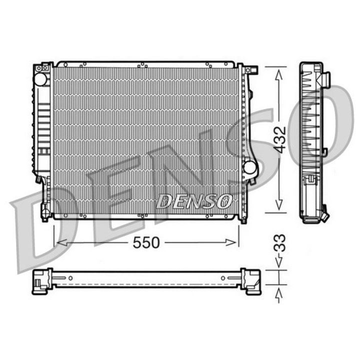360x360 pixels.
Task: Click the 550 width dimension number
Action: coord(146,242)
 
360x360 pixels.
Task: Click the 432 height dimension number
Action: coord(279,139)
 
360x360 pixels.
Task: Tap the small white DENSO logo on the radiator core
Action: coord(194,201)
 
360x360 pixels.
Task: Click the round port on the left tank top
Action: coord(41,79)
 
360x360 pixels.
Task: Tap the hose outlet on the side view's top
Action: coord(325,78)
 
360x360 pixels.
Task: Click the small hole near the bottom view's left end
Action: coord(71,278)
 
